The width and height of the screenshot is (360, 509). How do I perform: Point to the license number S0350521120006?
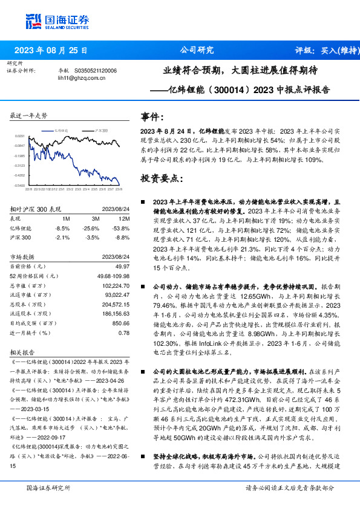tap(95, 70)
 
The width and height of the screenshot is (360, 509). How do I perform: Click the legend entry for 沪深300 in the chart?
tap(101, 131)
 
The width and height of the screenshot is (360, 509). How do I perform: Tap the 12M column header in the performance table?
tap(125, 218)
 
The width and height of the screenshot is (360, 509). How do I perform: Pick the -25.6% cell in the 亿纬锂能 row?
tap(91, 228)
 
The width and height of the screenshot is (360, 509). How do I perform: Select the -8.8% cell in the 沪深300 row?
tap(123, 238)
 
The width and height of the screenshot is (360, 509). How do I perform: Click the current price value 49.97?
tap(122, 266)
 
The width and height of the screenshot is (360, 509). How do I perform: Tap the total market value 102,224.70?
tap(116, 285)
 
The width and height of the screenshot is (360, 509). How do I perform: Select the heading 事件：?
tap(152, 116)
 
